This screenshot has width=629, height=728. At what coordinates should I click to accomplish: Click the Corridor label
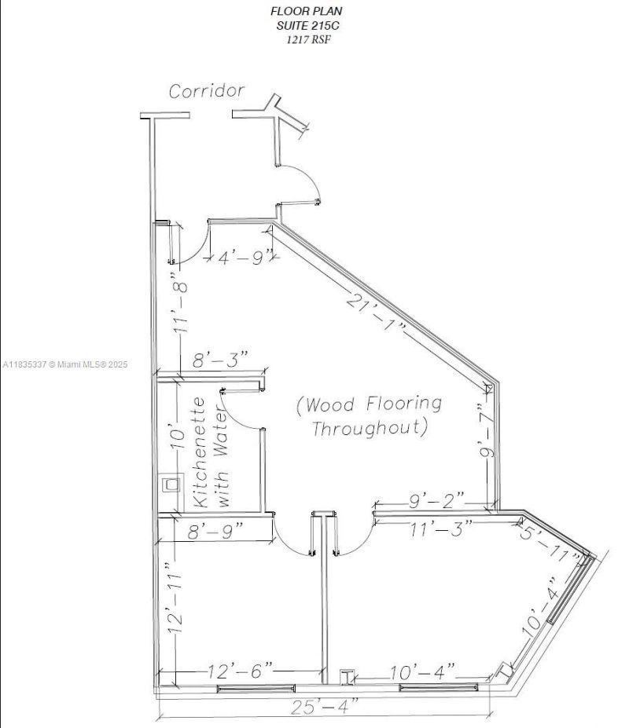point(207,91)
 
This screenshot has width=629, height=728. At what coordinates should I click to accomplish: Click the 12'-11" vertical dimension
point(175,598)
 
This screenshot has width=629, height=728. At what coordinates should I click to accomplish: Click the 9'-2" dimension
point(435,499)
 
